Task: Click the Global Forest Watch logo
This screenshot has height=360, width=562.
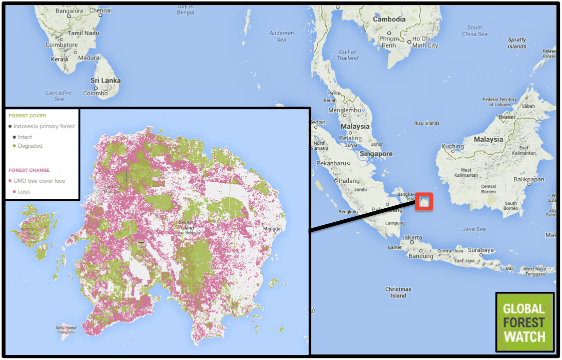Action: point(524,322)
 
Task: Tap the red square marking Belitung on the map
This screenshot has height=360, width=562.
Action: point(424,201)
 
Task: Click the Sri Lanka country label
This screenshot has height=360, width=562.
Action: point(105,81)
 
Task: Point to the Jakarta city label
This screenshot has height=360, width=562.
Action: point(412,238)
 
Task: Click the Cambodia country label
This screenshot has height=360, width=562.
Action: point(389,19)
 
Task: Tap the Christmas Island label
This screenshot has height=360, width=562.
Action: point(398,292)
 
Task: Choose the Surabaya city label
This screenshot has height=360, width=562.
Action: point(481,250)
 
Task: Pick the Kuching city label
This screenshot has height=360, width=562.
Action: point(452,147)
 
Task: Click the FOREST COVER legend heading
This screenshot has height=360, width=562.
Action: point(27,116)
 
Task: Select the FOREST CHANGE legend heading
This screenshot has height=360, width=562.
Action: point(29,170)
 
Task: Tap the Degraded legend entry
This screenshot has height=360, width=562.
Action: point(30,146)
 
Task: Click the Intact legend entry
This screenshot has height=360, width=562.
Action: point(25,137)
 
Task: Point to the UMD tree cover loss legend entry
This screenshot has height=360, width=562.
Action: point(39,181)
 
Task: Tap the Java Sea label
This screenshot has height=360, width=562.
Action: point(473,229)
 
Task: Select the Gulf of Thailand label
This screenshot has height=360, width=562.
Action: point(347,55)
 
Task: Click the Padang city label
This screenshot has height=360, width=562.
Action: point(349,181)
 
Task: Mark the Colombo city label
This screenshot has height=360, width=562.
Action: point(95,93)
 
